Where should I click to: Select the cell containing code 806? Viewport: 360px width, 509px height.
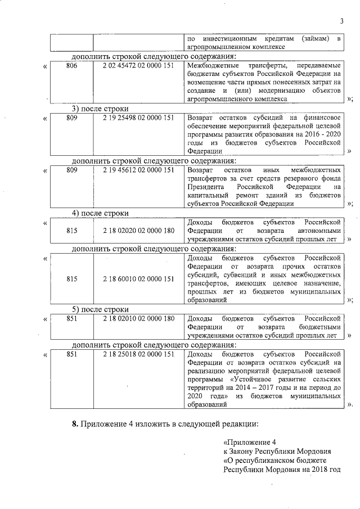71,66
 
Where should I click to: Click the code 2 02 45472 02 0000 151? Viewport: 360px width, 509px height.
139,66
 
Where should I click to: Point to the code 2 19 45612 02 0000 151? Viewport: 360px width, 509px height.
139,169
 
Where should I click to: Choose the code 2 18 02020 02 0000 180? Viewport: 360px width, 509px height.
139,231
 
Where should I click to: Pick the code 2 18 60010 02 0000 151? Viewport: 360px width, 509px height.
139,278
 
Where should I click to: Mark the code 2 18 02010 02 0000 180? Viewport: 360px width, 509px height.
139,318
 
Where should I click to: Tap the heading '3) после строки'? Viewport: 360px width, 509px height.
100,109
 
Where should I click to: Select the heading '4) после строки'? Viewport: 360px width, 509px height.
100,213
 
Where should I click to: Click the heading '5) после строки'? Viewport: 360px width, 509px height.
100,309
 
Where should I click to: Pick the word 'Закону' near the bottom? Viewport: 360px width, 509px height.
242,451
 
